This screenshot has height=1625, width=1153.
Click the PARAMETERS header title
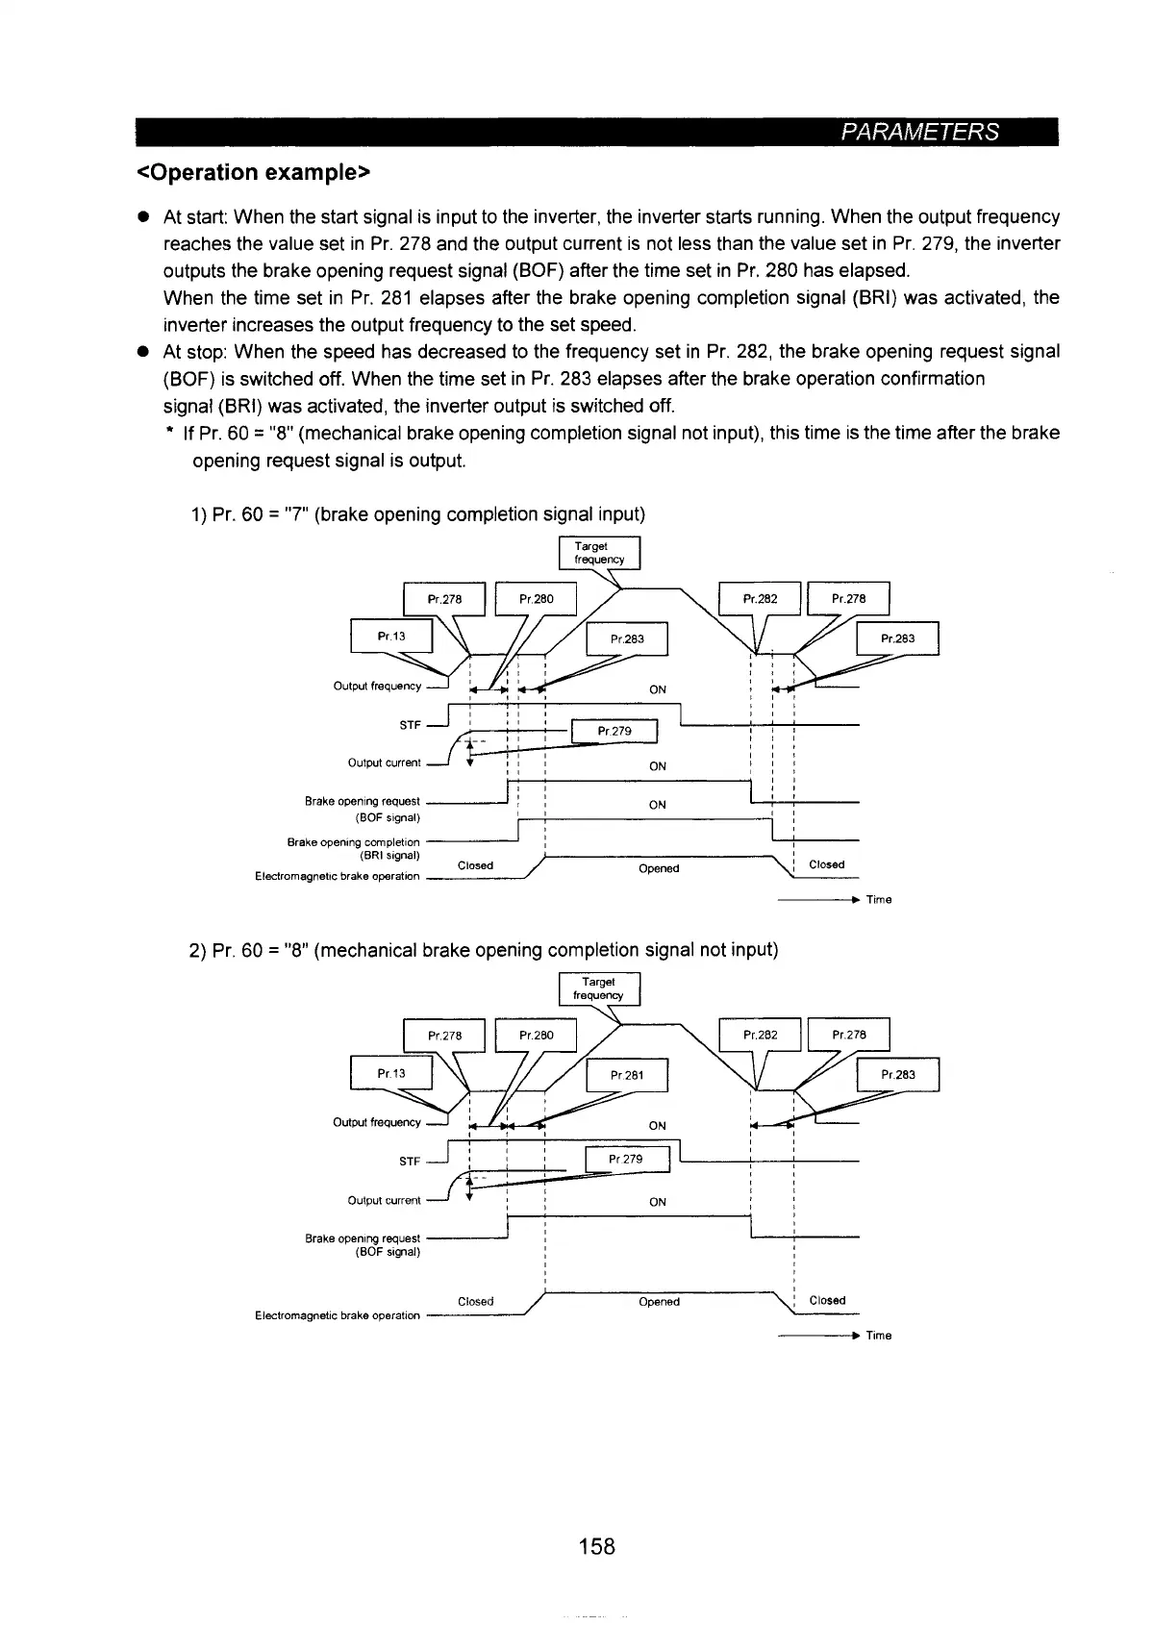tap(920, 132)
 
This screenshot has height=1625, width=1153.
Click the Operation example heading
tap(254, 173)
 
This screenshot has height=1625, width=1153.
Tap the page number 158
tap(596, 1546)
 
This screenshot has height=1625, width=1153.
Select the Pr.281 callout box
tap(626, 1076)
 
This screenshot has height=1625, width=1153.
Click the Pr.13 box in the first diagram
tap(391, 637)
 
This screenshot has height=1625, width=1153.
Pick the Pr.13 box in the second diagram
tap(391, 1073)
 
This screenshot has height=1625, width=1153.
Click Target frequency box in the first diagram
tap(599, 553)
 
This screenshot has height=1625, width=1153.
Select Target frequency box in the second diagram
tap(598, 988)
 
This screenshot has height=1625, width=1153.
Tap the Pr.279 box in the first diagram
tap(614, 732)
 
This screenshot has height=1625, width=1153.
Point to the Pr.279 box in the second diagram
tap(625, 1159)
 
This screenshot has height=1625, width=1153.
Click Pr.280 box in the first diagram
tap(536, 599)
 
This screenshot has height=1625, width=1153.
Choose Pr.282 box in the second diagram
tap(760, 1036)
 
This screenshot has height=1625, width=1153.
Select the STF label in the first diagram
tap(410, 725)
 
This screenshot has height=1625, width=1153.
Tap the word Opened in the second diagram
tap(659, 1302)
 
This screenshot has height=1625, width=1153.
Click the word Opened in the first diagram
tap(659, 868)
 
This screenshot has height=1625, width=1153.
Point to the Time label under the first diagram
tap(879, 900)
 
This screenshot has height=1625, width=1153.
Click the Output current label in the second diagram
tap(384, 1200)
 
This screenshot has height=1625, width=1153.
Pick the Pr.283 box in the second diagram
tap(897, 1075)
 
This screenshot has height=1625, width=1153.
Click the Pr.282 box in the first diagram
tap(760, 599)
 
